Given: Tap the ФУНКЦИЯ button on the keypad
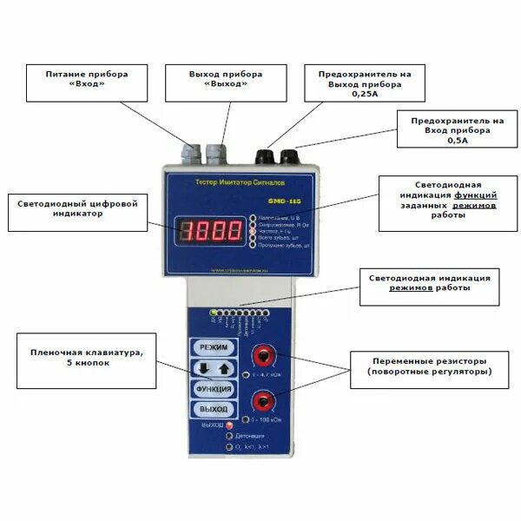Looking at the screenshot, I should click(213, 388).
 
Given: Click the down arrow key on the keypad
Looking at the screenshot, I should click(201, 368).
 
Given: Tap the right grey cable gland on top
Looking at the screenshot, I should click(214, 153).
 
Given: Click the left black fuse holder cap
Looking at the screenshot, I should click(262, 155).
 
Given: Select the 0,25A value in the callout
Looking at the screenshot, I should click(362, 96).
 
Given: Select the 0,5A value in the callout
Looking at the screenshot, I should click(455, 139).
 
